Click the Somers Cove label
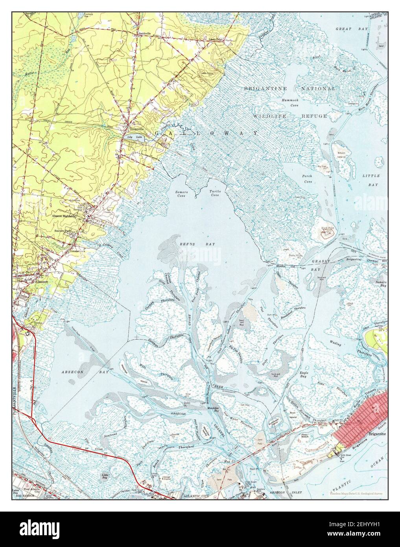click(181, 193)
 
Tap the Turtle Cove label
click(215, 193)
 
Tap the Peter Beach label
click(307, 435)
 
